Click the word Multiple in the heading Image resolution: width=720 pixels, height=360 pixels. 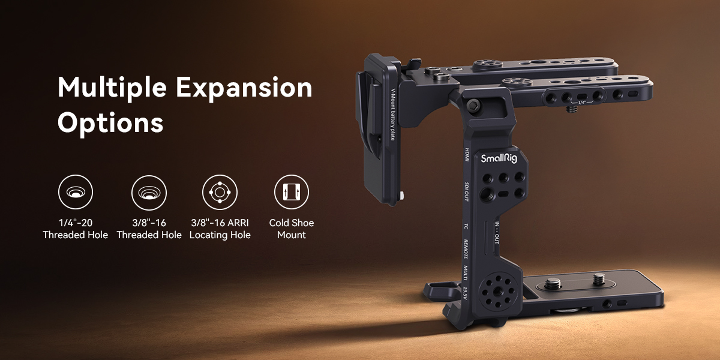click(x=112, y=88)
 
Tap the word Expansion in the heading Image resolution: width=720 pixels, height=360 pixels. click(x=244, y=88)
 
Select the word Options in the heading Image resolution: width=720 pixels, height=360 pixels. click(x=110, y=124)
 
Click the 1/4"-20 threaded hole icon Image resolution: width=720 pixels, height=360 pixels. click(x=76, y=192)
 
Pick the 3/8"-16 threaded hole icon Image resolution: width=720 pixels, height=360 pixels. click(x=149, y=193)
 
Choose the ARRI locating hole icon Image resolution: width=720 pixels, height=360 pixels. click(x=220, y=192)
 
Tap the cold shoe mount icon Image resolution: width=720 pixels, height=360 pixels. click(x=292, y=192)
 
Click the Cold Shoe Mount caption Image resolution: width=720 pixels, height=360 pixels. click(x=292, y=229)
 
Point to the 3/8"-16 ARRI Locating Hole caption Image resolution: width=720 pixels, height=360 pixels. click(x=220, y=229)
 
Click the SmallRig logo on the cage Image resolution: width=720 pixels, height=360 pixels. click(x=499, y=158)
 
